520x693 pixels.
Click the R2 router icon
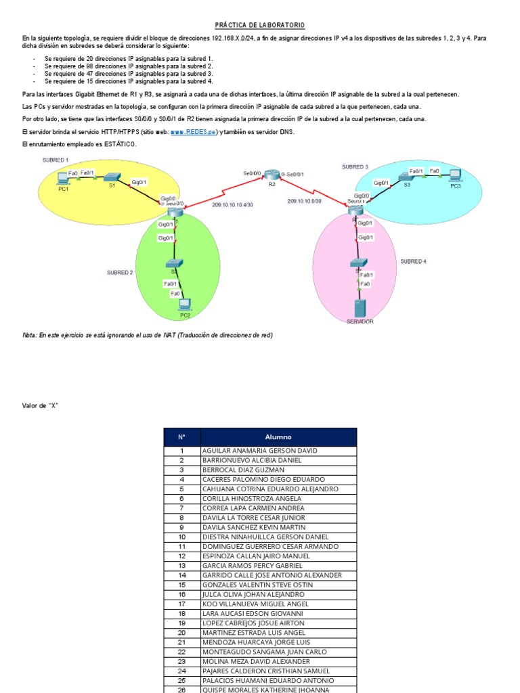(271, 175)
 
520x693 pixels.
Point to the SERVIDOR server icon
(360, 307)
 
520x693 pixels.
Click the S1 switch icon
(112, 177)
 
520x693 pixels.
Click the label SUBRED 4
(413, 261)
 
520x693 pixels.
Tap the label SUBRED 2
(119, 273)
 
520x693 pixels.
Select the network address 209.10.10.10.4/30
(232, 204)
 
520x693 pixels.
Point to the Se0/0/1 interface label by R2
(295, 175)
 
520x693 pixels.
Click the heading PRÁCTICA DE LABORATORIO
(260, 25)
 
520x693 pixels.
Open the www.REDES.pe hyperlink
(195, 132)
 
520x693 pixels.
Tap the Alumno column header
(278, 437)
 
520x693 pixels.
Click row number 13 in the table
(181, 566)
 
